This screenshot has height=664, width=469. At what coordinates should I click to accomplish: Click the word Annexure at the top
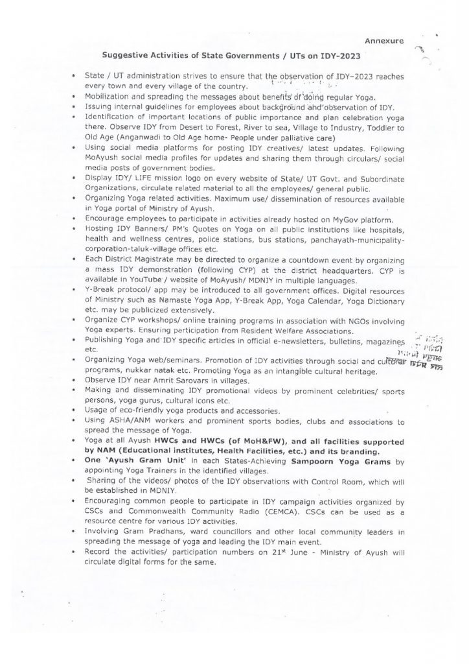tap(384, 41)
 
